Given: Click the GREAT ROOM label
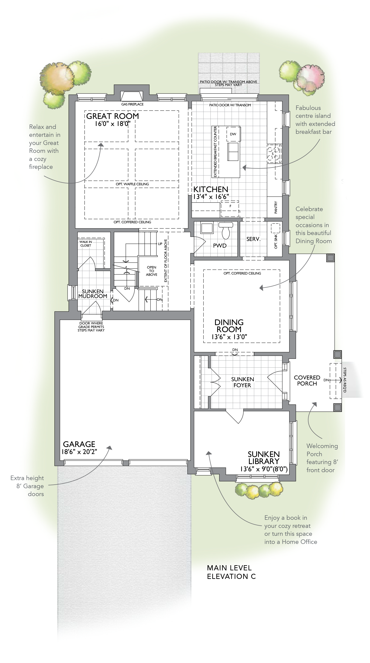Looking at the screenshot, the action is tap(113, 116).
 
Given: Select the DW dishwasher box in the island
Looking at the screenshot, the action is tap(233, 134).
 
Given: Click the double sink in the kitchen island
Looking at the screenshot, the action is tap(233, 152).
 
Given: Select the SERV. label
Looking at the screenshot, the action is tap(253, 239).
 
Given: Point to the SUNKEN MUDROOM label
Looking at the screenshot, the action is tap(93, 294).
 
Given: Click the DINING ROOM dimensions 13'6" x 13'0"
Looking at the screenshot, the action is tap(229, 337).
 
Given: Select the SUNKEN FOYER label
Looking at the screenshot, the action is tap(242, 382).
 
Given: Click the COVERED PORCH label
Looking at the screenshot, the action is tap(307, 380).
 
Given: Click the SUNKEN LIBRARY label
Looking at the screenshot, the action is tap(264, 458).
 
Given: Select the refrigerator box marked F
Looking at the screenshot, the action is tap(230, 209).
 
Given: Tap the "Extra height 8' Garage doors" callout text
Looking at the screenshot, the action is tap(27, 486).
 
